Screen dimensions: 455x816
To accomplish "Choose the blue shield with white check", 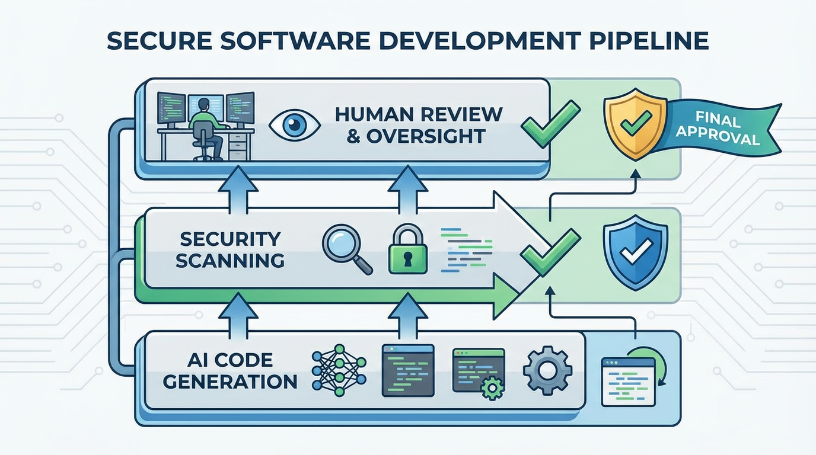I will coord(635,252).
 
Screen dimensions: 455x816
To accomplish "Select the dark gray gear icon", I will coord(547,369).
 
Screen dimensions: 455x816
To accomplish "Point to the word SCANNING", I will coord(230,259).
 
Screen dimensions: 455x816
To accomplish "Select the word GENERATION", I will coord(230,381).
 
